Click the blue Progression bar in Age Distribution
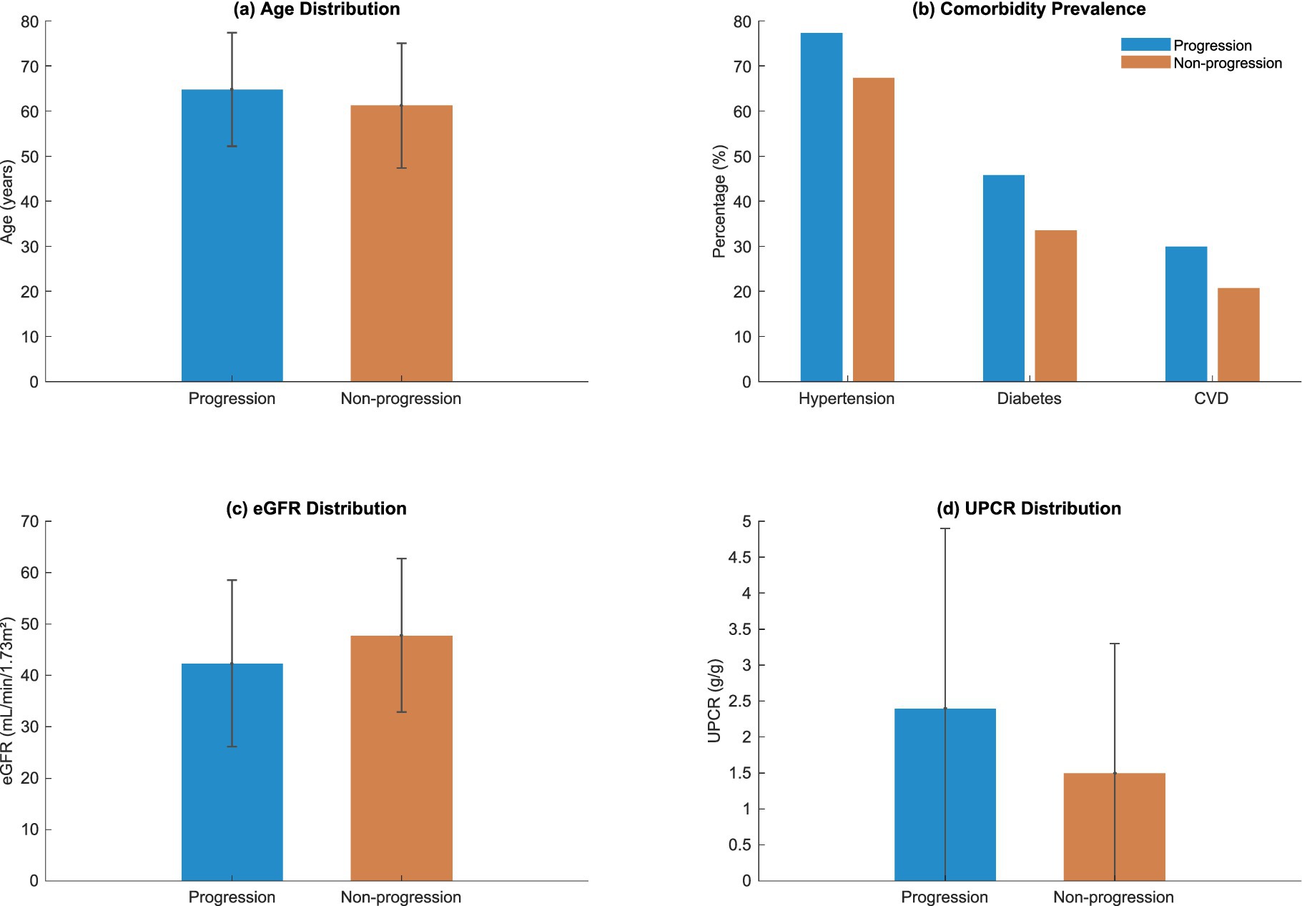coord(232,236)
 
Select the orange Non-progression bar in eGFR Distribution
coord(401,758)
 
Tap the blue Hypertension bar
coord(821,207)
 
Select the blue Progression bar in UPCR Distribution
coord(945,794)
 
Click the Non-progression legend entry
coord(1227,63)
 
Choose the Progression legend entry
coord(1212,45)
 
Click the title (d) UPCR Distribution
coord(1028,508)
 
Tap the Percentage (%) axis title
coord(719,201)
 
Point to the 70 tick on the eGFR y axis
coord(29,521)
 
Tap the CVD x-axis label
coord(1210,398)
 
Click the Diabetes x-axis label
coord(1029,398)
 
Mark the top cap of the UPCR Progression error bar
coord(945,528)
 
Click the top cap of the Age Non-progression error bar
coord(401,43)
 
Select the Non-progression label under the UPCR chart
coord(1113,897)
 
